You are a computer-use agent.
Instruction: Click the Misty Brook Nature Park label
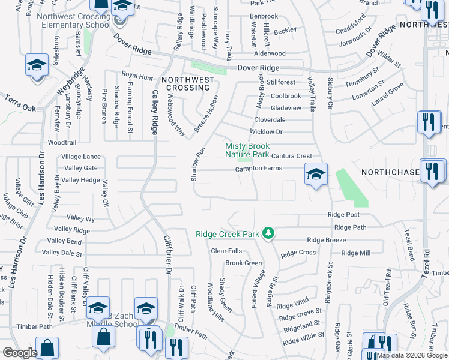(247, 149)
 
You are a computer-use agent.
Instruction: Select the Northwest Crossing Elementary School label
(73, 20)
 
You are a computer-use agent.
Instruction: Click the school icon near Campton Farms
(316, 175)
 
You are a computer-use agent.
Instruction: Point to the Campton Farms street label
(258, 169)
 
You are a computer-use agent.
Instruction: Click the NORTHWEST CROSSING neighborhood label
(187, 83)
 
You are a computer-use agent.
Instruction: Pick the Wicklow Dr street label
(266, 131)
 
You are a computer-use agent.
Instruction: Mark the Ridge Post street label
(343, 215)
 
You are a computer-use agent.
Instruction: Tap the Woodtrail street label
(61, 143)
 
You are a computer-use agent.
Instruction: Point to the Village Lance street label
(81, 157)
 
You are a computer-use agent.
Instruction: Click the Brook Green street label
(244, 263)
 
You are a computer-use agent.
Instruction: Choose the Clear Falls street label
(226, 251)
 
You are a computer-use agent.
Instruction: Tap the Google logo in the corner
(20, 353)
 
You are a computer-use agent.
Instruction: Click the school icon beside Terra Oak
(37, 65)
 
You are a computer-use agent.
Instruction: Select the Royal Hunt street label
(137, 77)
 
